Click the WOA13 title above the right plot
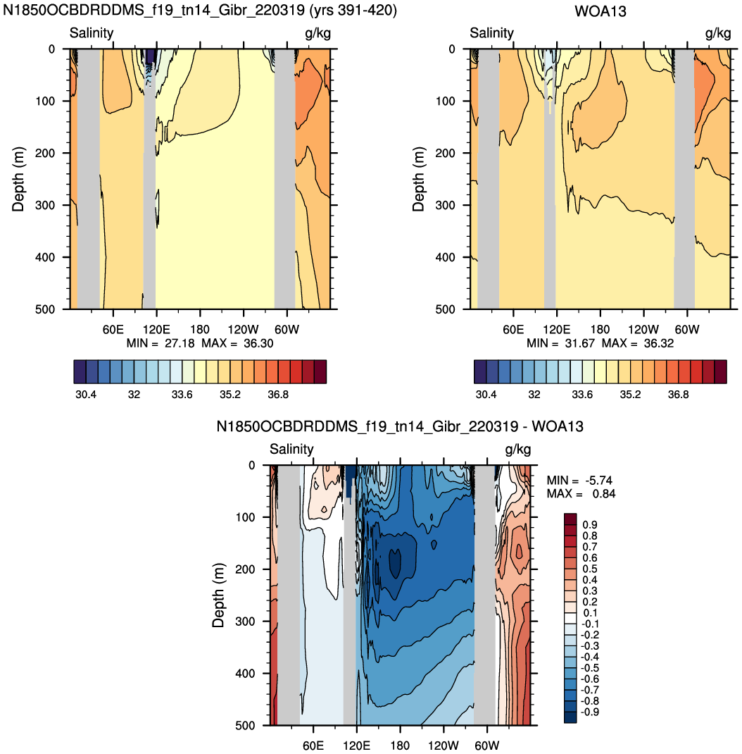(600, 11)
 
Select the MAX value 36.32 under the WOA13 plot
(659, 343)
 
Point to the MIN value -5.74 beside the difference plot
(599, 481)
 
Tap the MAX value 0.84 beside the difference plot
(604, 494)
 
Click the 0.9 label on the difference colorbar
(590, 524)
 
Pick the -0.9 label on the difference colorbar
(589, 712)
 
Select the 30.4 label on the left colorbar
(86, 395)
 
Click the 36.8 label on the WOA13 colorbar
(678, 395)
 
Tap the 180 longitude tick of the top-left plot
(200, 330)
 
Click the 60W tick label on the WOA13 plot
(687, 330)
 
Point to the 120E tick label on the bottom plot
(356, 746)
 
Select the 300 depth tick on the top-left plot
(44, 205)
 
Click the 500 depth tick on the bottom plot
(245, 726)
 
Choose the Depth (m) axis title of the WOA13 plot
(418, 179)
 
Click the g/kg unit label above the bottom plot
(517, 450)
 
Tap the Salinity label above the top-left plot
(92, 32)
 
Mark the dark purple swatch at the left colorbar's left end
(80, 371)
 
